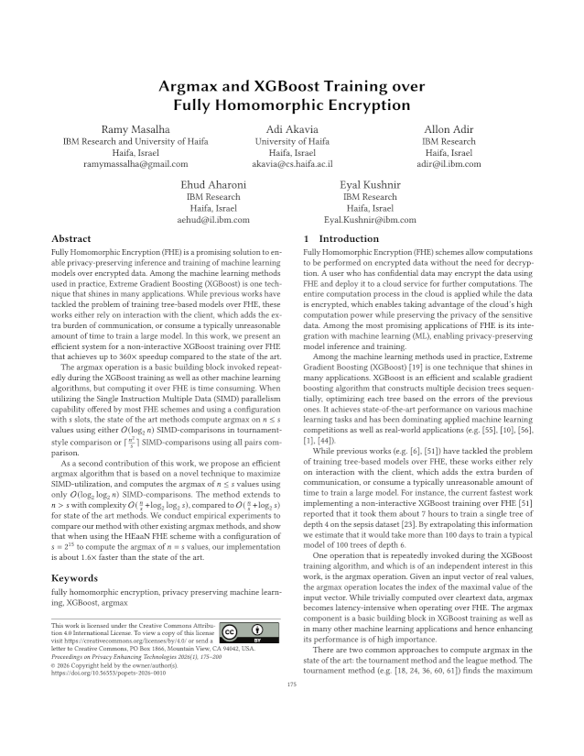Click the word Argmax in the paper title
coord(192,87)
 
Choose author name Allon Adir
coord(449,128)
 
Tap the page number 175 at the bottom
coord(292,709)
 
